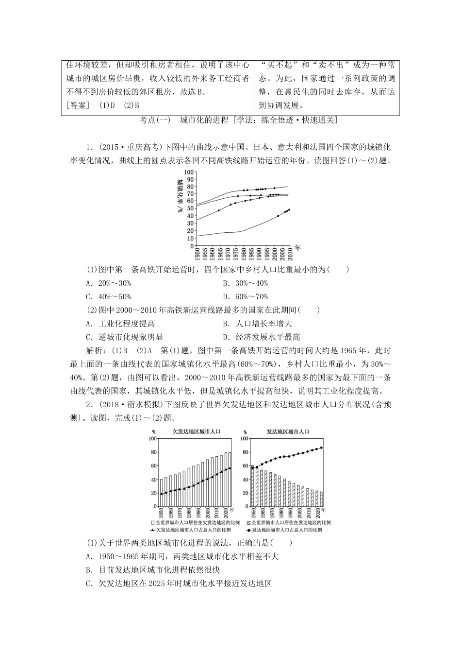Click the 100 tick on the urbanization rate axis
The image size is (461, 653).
[189, 172]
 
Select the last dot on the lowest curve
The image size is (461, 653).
[289, 209]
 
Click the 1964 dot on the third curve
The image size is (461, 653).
[219, 210]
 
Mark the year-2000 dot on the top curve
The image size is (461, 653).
[275, 188]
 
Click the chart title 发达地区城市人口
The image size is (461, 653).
[288, 431]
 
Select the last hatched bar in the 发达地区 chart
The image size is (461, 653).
[321, 499]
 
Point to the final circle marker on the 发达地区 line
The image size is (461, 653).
[321, 447]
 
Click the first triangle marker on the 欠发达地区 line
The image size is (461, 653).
[162, 494]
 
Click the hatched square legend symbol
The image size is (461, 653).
[248, 522]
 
